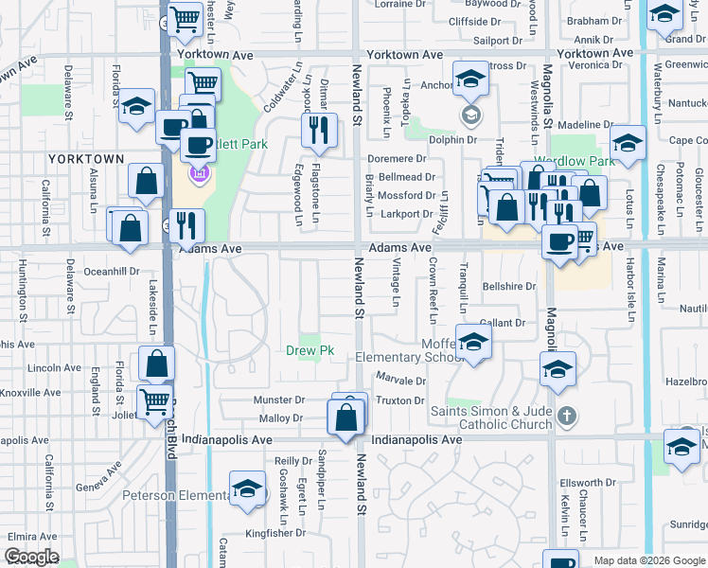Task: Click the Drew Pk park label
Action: point(310,351)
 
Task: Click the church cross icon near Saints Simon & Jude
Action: point(566,416)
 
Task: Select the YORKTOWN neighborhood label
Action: point(86,159)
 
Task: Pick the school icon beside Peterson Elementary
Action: point(247,488)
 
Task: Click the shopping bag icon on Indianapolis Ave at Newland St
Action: point(345,416)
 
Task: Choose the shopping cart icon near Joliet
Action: point(154,399)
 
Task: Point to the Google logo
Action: point(32,557)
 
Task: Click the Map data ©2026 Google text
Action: point(648,561)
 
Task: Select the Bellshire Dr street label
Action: point(509,286)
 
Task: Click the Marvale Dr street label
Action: point(400,381)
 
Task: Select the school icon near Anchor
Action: point(470,80)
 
